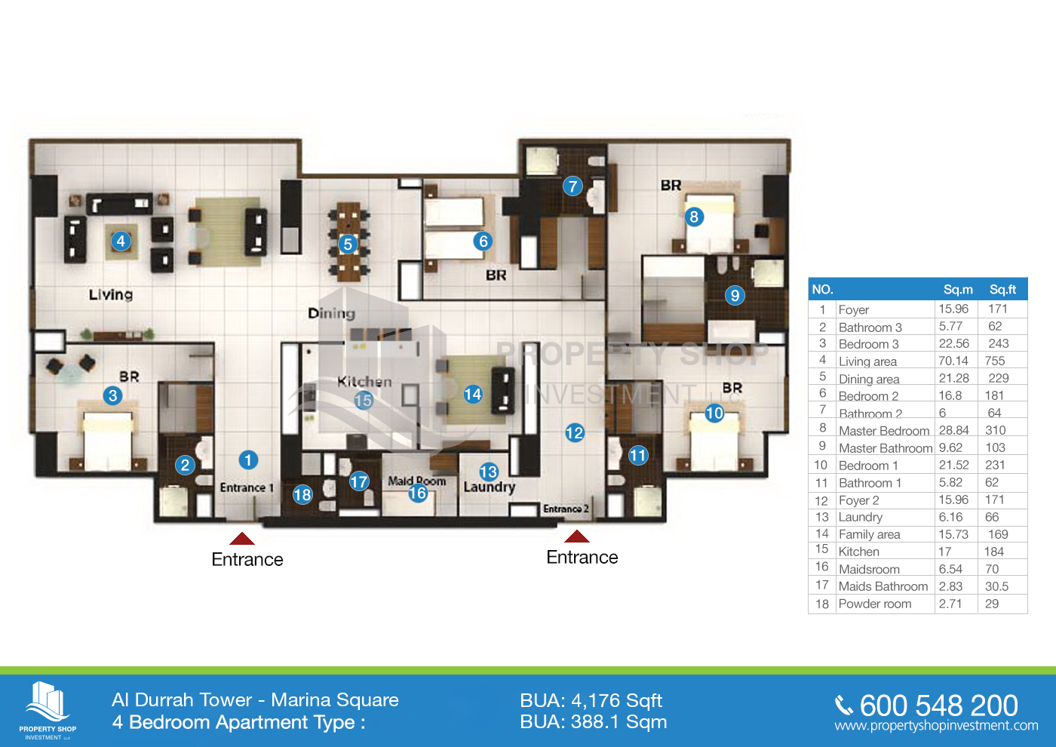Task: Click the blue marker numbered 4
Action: coord(121,241)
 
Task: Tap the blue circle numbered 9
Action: coord(735,295)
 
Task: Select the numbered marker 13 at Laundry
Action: coord(489,472)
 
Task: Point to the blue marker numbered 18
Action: coord(302,494)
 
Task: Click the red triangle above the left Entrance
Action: coord(242,538)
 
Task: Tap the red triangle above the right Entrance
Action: coord(576,536)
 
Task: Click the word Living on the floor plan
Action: coord(111,295)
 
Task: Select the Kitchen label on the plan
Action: coord(364,382)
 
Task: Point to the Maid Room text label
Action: coord(416,481)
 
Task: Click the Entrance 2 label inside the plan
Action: coord(566,509)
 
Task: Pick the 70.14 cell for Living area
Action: coord(953,361)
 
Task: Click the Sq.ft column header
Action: coord(1002,289)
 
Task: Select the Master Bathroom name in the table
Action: coord(886,448)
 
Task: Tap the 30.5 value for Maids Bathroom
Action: coord(996,586)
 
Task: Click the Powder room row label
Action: coord(874,604)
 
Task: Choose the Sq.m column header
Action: coord(958,289)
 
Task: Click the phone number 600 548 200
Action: coord(938,705)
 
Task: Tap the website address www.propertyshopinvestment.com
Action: coord(936,725)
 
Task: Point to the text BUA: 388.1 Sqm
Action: coord(593,722)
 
